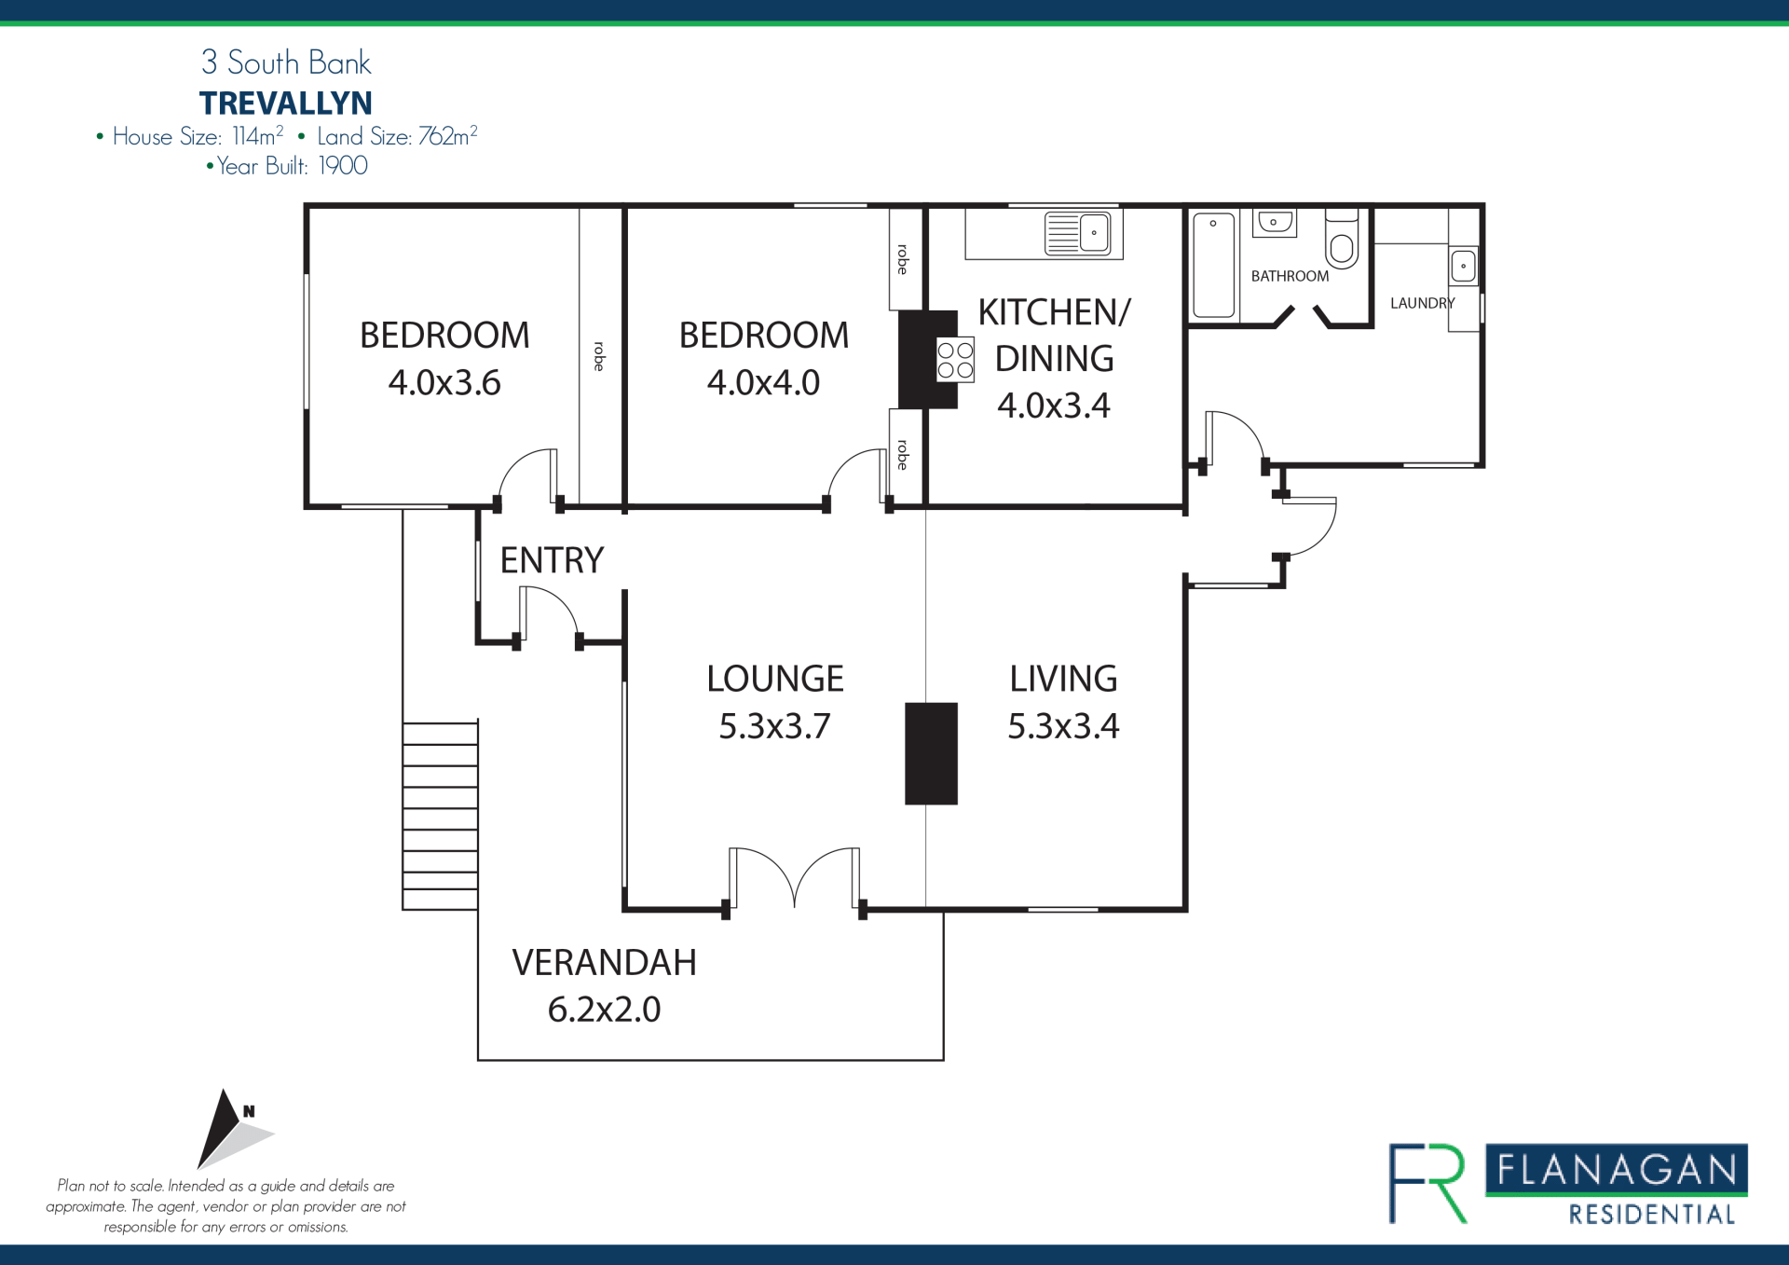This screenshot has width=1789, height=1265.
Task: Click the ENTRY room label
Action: click(552, 560)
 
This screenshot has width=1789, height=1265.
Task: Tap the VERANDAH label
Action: click(604, 962)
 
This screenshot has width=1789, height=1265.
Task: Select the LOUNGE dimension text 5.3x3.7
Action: click(774, 726)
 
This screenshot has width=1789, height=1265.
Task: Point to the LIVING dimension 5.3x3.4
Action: click(1063, 726)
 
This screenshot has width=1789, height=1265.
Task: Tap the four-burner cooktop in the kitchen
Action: click(955, 360)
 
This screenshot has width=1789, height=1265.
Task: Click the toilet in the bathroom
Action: click(1342, 239)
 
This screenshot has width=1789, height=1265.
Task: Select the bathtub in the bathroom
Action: click(1213, 265)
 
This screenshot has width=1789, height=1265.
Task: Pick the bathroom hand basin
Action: click(1274, 223)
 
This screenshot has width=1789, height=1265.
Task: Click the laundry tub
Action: click(1463, 267)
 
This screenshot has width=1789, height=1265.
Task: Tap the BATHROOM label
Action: click(1290, 276)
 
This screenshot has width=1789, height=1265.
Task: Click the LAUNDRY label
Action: click(1422, 303)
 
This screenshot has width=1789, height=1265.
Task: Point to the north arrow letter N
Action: click(249, 1111)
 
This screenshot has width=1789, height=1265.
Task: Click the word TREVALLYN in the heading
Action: click(286, 103)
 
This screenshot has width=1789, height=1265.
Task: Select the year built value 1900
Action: click(343, 166)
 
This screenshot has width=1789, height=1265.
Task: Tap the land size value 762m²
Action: click(448, 135)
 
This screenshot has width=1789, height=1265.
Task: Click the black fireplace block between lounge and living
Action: click(931, 753)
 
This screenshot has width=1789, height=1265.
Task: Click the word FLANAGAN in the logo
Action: click(1617, 1169)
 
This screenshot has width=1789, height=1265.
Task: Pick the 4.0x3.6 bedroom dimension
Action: click(444, 382)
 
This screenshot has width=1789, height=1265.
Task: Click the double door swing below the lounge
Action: click(794, 877)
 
